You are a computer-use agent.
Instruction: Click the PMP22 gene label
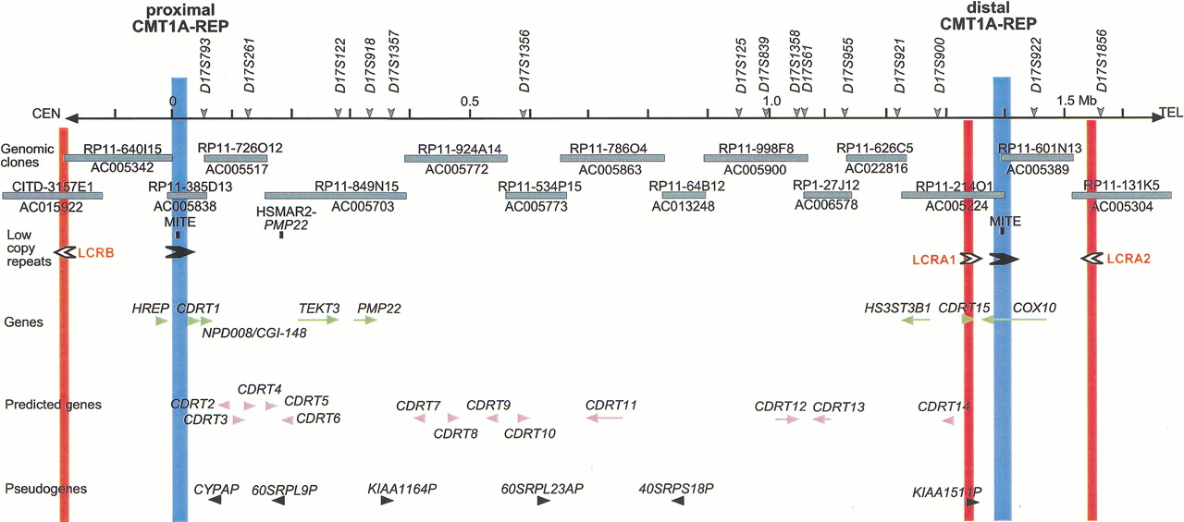click(379, 308)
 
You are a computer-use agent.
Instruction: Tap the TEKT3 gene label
click(319, 308)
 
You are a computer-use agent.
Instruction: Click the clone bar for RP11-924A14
click(455, 158)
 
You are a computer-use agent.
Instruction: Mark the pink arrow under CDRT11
click(604, 419)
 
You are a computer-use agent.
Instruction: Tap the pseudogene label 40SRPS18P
click(676, 488)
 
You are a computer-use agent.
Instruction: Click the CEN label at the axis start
click(46, 114)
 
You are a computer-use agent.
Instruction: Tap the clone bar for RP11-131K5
click(1121, 195)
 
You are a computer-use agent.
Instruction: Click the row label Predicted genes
click(53, 405)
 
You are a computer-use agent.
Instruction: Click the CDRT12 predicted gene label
click(781, 406)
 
